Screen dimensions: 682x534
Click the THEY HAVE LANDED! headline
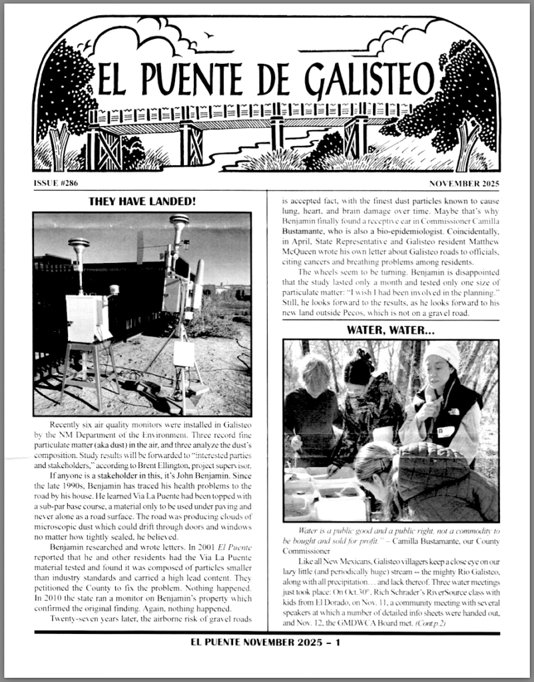click(142, 201)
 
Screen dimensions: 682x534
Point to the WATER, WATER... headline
click(390, 330)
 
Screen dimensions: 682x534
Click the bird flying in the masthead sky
click(210, 35)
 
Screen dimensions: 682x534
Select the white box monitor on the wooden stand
click(89, 317)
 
